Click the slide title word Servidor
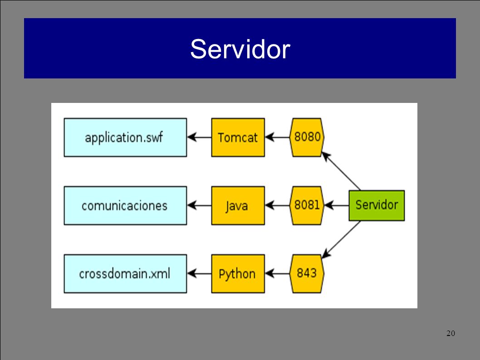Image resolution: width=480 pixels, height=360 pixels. [x=240, y=49]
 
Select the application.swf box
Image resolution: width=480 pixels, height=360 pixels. [x=125, y=137]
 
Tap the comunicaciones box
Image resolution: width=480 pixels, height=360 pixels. [x=125, y=205]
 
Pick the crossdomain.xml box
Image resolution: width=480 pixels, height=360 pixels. [x=125, y=274]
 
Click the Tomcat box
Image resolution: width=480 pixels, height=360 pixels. [x=238, y=137]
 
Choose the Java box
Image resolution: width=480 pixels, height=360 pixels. [x=238, y=205]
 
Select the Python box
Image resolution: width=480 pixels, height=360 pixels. [x=238, y=274]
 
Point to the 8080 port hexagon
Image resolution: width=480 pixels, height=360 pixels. [x=307, y=137]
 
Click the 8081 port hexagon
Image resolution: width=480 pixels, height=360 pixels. [x=307, y=205]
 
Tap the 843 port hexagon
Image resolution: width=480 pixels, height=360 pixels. [x=307, y=274]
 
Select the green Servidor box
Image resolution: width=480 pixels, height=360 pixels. [x=377, y=205]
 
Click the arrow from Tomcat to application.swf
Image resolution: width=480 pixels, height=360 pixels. [x=199, y=137]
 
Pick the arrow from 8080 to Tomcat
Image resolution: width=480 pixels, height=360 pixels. [x=277, y=137]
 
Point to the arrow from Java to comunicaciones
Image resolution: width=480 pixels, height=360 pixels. [x=199, y=205]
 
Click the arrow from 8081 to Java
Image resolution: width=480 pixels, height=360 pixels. [x=277, y=205]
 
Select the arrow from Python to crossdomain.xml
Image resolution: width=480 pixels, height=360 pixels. [x=199, y=273]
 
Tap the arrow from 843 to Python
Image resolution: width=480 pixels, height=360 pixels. [x=277, y=273]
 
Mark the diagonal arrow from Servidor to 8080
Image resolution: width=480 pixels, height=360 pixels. [x=341, y=170]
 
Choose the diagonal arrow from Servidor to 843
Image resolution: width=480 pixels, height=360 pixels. [x=341, y=239]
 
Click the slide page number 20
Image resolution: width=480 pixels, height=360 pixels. [x=451, y=333]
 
